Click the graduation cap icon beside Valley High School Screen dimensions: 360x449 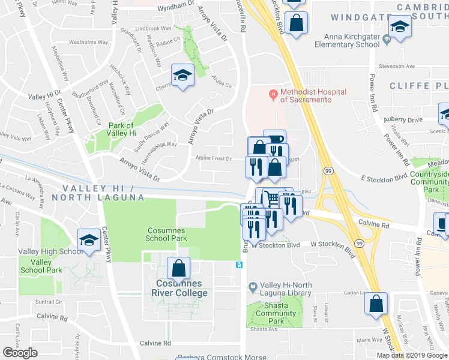89,239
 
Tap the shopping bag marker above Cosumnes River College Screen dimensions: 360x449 178,267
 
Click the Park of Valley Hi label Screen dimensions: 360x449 124,129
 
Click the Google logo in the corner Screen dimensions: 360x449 19,353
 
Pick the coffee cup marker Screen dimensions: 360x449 275,139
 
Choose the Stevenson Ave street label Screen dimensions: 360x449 396,67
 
